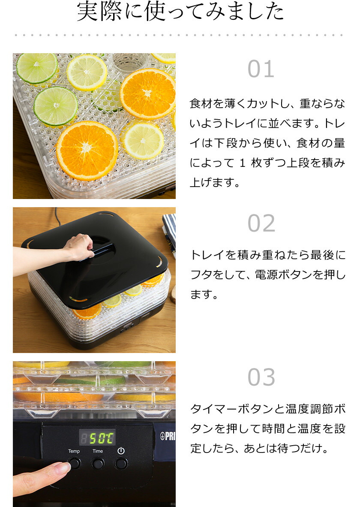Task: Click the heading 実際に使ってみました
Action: point(180,12)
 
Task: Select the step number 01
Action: point(261,69)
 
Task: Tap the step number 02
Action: point(261,223)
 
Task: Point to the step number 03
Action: point(261,377)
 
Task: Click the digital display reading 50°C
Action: point(97,438)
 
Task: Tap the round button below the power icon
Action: point(121,463)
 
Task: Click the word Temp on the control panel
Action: point(74,451)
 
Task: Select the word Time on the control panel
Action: point(98,451)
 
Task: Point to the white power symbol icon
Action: point(121,451)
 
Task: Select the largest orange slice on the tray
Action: point(87,150)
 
